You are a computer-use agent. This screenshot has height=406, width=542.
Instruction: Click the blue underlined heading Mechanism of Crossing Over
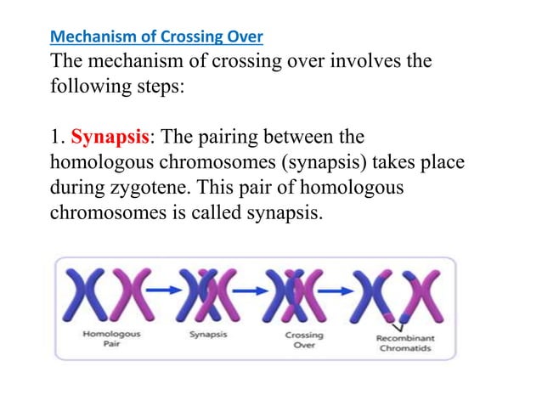point(157,37)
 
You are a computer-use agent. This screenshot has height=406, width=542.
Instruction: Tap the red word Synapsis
point(104,137)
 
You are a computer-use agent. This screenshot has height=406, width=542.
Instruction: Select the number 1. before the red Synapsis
point(59,137)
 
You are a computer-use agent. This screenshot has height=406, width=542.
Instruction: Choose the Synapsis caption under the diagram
point(208,335)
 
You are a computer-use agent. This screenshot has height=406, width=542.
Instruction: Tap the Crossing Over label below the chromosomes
point(304,340)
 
